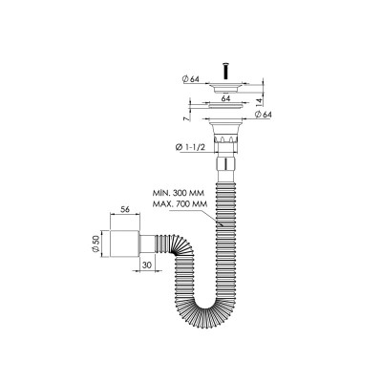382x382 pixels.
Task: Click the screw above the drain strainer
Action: point(225,72)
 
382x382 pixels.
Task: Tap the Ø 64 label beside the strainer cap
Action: point(191,79)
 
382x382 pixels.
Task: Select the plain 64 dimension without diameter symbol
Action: point(225,98)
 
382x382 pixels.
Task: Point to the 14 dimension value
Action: point(260,102)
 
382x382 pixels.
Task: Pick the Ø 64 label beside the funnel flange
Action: point(263,115)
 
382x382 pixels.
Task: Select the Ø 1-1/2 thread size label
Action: point(190,147)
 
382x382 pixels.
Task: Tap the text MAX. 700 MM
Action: point(180,203)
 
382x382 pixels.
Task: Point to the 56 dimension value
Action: point(125,209)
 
